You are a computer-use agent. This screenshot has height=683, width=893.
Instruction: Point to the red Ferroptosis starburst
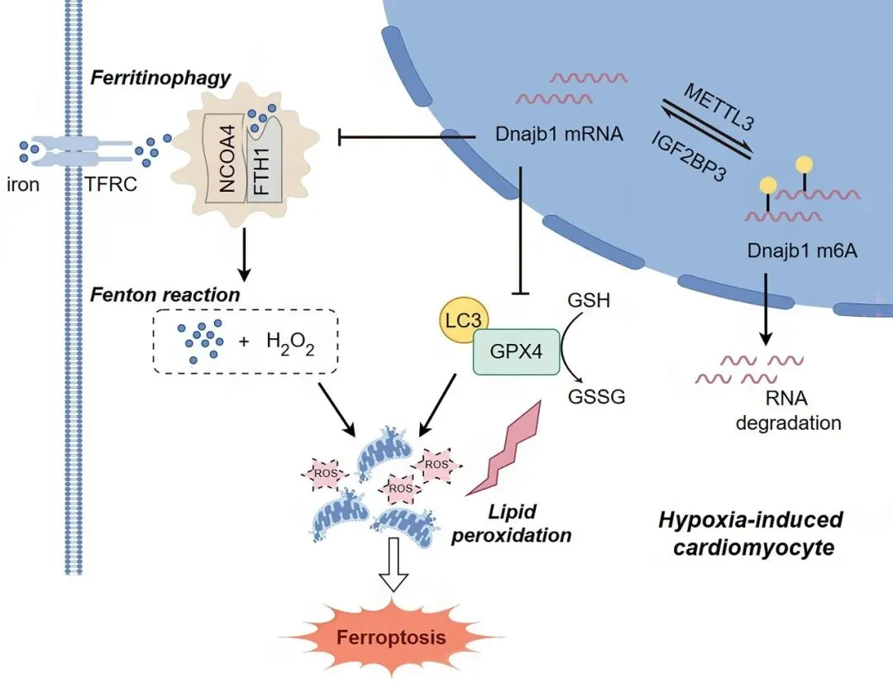coord(391,638)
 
